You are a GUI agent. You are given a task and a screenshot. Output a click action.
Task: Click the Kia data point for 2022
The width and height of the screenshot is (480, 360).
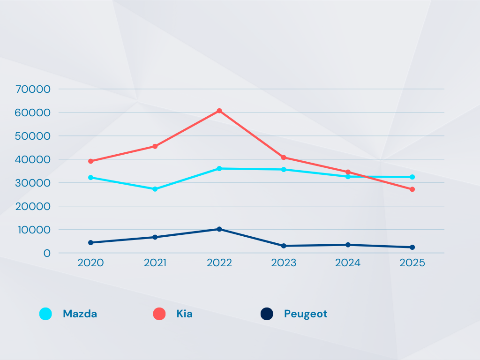point(219,111)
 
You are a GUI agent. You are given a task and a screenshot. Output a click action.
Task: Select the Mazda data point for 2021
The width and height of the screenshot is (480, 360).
point(155,189)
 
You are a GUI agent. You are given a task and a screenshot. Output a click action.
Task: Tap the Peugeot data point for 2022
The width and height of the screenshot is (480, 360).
point(219,229)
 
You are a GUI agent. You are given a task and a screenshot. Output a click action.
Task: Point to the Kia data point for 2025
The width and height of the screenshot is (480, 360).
point(412,189)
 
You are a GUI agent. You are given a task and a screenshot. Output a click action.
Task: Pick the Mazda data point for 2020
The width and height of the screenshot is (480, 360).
point(90,178)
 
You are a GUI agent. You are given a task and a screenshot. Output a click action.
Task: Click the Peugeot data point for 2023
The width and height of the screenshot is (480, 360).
point(284,246)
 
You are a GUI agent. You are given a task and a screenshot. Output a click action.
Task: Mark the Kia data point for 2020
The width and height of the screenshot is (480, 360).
point(90,161)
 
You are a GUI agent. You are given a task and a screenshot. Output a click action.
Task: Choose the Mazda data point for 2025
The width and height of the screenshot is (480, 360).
point(412,177)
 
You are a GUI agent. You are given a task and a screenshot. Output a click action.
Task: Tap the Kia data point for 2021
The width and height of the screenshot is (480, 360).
point(155,146)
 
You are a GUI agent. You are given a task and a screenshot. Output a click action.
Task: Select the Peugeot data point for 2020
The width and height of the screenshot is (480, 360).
point(90,242)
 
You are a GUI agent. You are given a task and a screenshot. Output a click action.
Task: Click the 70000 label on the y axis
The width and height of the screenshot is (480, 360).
point(33,89)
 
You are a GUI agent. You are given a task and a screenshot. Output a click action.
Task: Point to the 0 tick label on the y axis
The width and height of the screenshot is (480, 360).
point(46,253)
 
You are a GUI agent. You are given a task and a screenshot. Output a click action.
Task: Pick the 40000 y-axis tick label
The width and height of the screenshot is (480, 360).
point(33,159)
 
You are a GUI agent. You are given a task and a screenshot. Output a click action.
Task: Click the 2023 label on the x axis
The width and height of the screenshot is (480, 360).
point(284,263)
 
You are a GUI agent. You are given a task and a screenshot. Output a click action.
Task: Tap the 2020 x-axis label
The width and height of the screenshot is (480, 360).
point(90,263)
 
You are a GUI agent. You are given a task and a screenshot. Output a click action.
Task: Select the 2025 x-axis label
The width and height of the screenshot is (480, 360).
point(412,263)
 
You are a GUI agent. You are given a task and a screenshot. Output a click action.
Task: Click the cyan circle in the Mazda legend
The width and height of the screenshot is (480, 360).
point(45,314)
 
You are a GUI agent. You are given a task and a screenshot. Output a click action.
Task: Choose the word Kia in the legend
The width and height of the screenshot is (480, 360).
point(184,314)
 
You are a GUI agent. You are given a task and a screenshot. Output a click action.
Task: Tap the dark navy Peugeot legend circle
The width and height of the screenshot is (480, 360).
point(267,314)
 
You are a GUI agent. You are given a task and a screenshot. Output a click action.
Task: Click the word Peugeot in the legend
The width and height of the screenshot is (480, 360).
point(306,314)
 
